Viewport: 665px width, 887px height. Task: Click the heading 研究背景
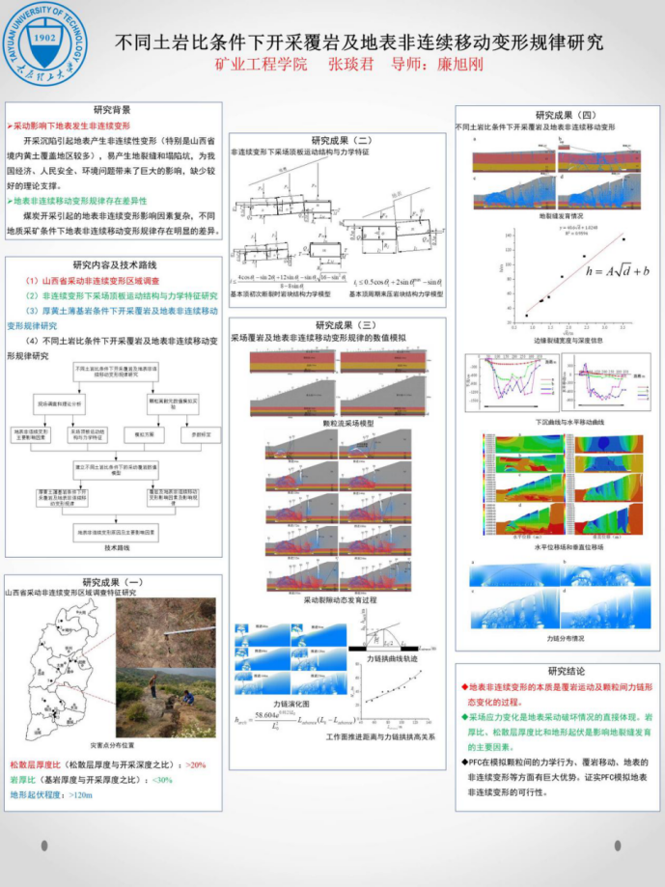tap(113, 110)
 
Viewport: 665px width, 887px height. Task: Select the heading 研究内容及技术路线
tap(113, 264)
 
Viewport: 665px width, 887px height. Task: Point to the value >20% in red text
tap(196, 763)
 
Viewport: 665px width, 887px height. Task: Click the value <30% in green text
tap(162, 779)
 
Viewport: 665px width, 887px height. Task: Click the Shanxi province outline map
tap(58, 676)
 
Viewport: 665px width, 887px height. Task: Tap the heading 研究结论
tap(559, 671)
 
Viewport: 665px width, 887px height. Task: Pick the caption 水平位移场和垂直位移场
tap(559, 547)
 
